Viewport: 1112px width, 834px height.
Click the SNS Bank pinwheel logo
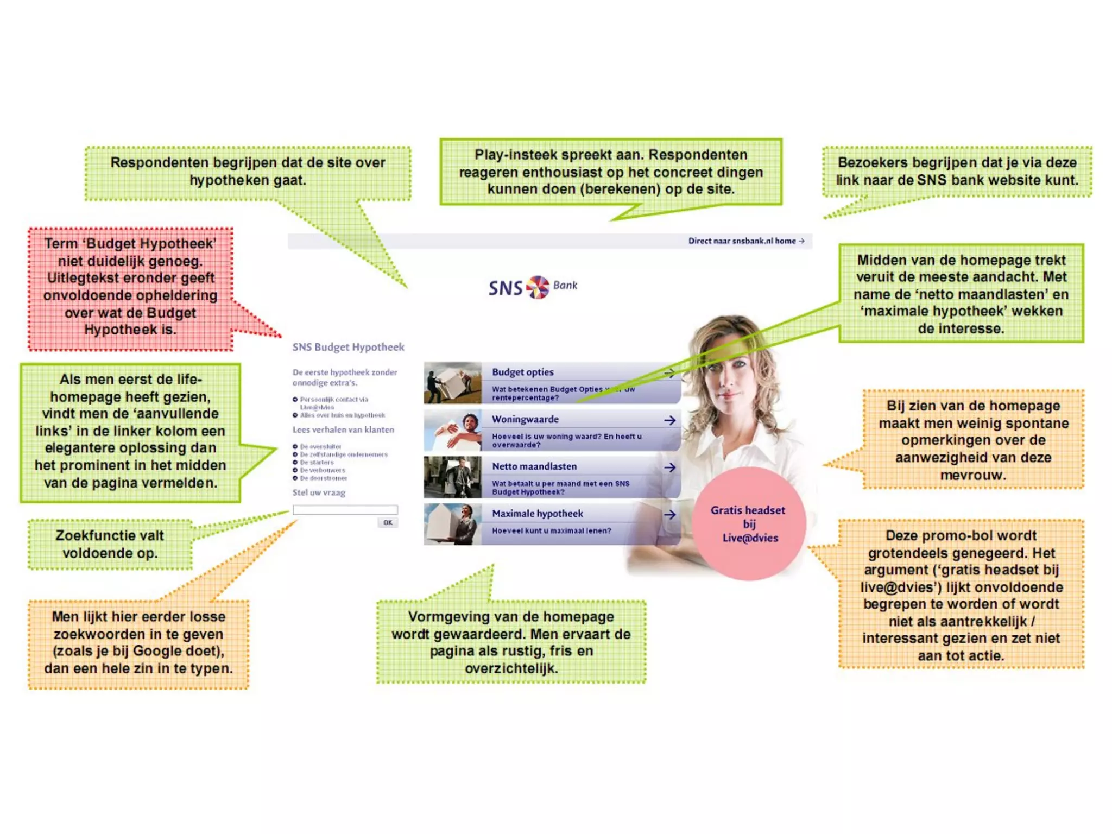tap(538, 287)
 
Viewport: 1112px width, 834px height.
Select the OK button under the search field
tap(388, 522)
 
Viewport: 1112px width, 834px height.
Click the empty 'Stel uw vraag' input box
tap(345, 510)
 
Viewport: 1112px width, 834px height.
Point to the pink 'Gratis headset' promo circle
tap(749, 523)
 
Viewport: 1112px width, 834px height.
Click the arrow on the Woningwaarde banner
tap(670, 420)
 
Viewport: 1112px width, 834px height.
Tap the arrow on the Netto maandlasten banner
tap(670, 467)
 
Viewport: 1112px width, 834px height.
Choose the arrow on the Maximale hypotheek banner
tap(670, 515)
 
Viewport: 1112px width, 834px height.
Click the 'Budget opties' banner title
tap(523, 372)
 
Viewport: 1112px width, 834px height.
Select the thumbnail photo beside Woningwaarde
tap(452, 430)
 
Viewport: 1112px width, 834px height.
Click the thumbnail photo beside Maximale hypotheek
tap(452, 524)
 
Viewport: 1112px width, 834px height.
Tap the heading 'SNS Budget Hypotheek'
tap(348, 347)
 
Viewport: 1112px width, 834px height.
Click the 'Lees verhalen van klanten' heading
tap(343, 430)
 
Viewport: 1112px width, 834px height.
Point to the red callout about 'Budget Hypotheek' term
tap(130, 287)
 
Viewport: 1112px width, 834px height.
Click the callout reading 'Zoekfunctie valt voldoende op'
tap(110, 544)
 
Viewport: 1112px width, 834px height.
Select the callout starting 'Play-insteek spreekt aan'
tap(611, 172)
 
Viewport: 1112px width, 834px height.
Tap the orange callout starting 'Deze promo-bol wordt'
tap(961, 595)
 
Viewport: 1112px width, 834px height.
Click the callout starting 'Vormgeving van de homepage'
tap(511, 642)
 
